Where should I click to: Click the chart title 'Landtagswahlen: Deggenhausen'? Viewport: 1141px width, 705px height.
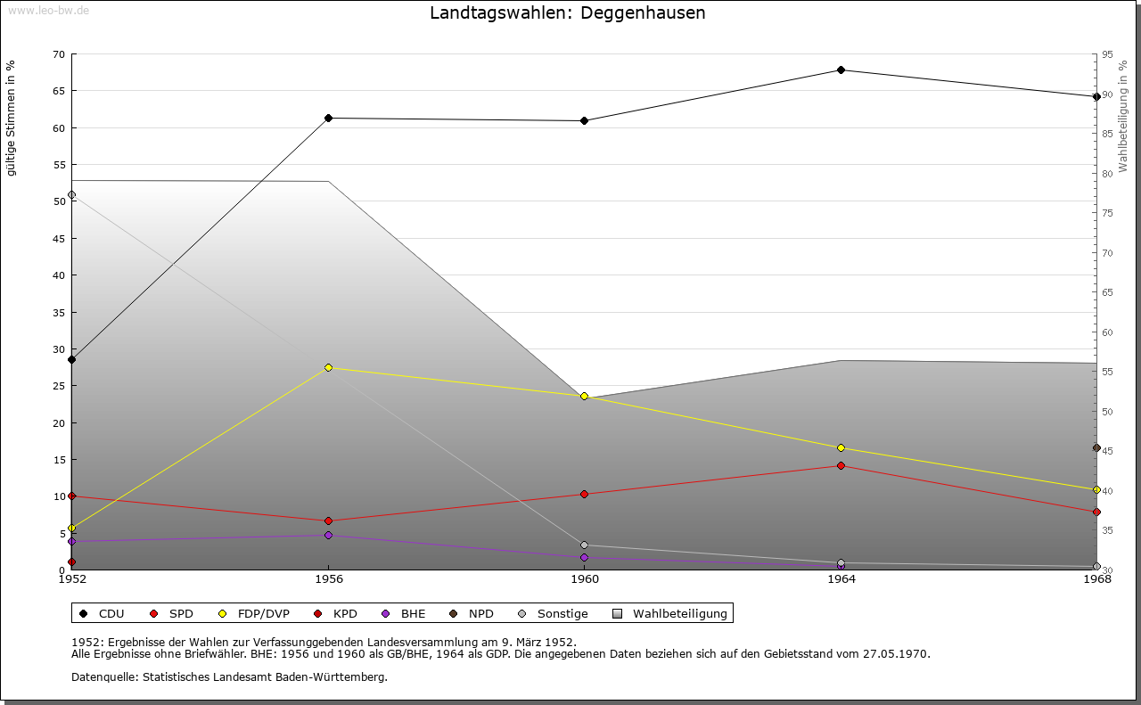567,13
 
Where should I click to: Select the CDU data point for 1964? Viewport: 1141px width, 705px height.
841,70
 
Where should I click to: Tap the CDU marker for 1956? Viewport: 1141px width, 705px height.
328,118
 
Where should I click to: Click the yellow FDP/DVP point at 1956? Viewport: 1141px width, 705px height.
328,367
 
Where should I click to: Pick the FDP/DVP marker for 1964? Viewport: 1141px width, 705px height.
841,447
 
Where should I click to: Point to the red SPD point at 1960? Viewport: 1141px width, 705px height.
584,494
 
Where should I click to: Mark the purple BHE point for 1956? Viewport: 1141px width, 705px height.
328,535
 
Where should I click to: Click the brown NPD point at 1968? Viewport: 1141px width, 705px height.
1096,447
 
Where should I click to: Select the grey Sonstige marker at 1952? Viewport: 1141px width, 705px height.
72,195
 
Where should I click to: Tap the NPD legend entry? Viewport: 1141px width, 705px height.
480,614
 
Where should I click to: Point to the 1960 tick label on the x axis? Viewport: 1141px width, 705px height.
584,579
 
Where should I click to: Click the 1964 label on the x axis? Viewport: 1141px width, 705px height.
841,579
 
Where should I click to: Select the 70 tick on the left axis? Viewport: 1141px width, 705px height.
58,54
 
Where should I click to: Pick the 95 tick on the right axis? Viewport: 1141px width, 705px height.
1107,54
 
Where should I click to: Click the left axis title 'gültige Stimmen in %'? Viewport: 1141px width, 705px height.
12,119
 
